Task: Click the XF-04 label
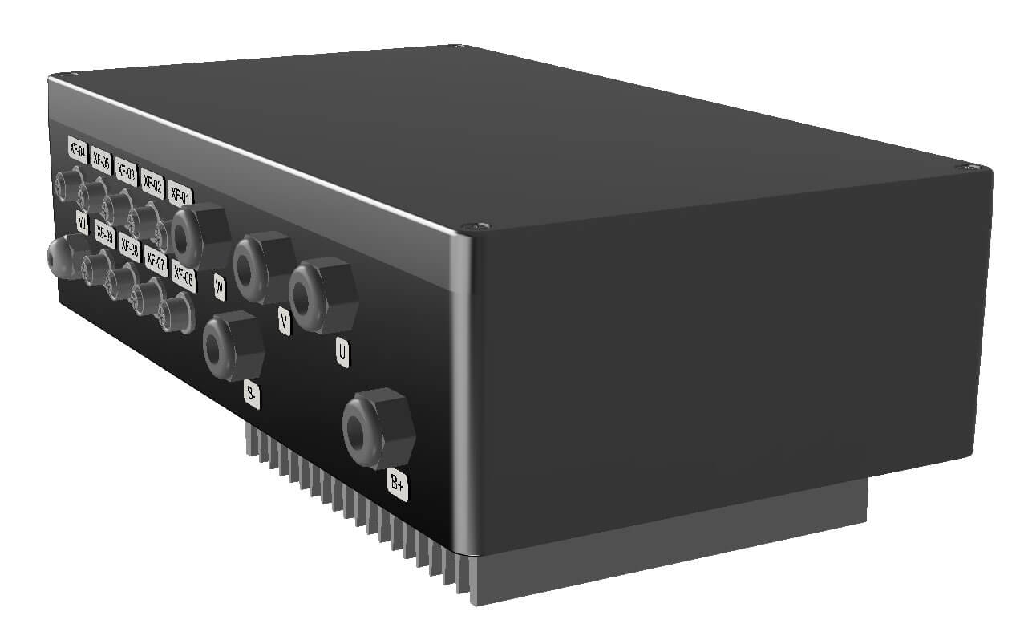coord(78,148)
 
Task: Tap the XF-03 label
coord(126,170)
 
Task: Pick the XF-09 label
coord(104,234)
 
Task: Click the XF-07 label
coord(156,262)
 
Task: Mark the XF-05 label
coord(100,160)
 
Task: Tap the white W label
coord(218,286)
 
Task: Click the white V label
coord(283,321)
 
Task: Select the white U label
coord(342,353)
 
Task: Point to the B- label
coord(252,395)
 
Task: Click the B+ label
coord(398,484)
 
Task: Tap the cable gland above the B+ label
coord(378,427)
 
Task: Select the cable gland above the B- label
coord(233,345)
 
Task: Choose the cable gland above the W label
coord(200,237)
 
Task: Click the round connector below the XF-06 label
coord(175,312)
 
